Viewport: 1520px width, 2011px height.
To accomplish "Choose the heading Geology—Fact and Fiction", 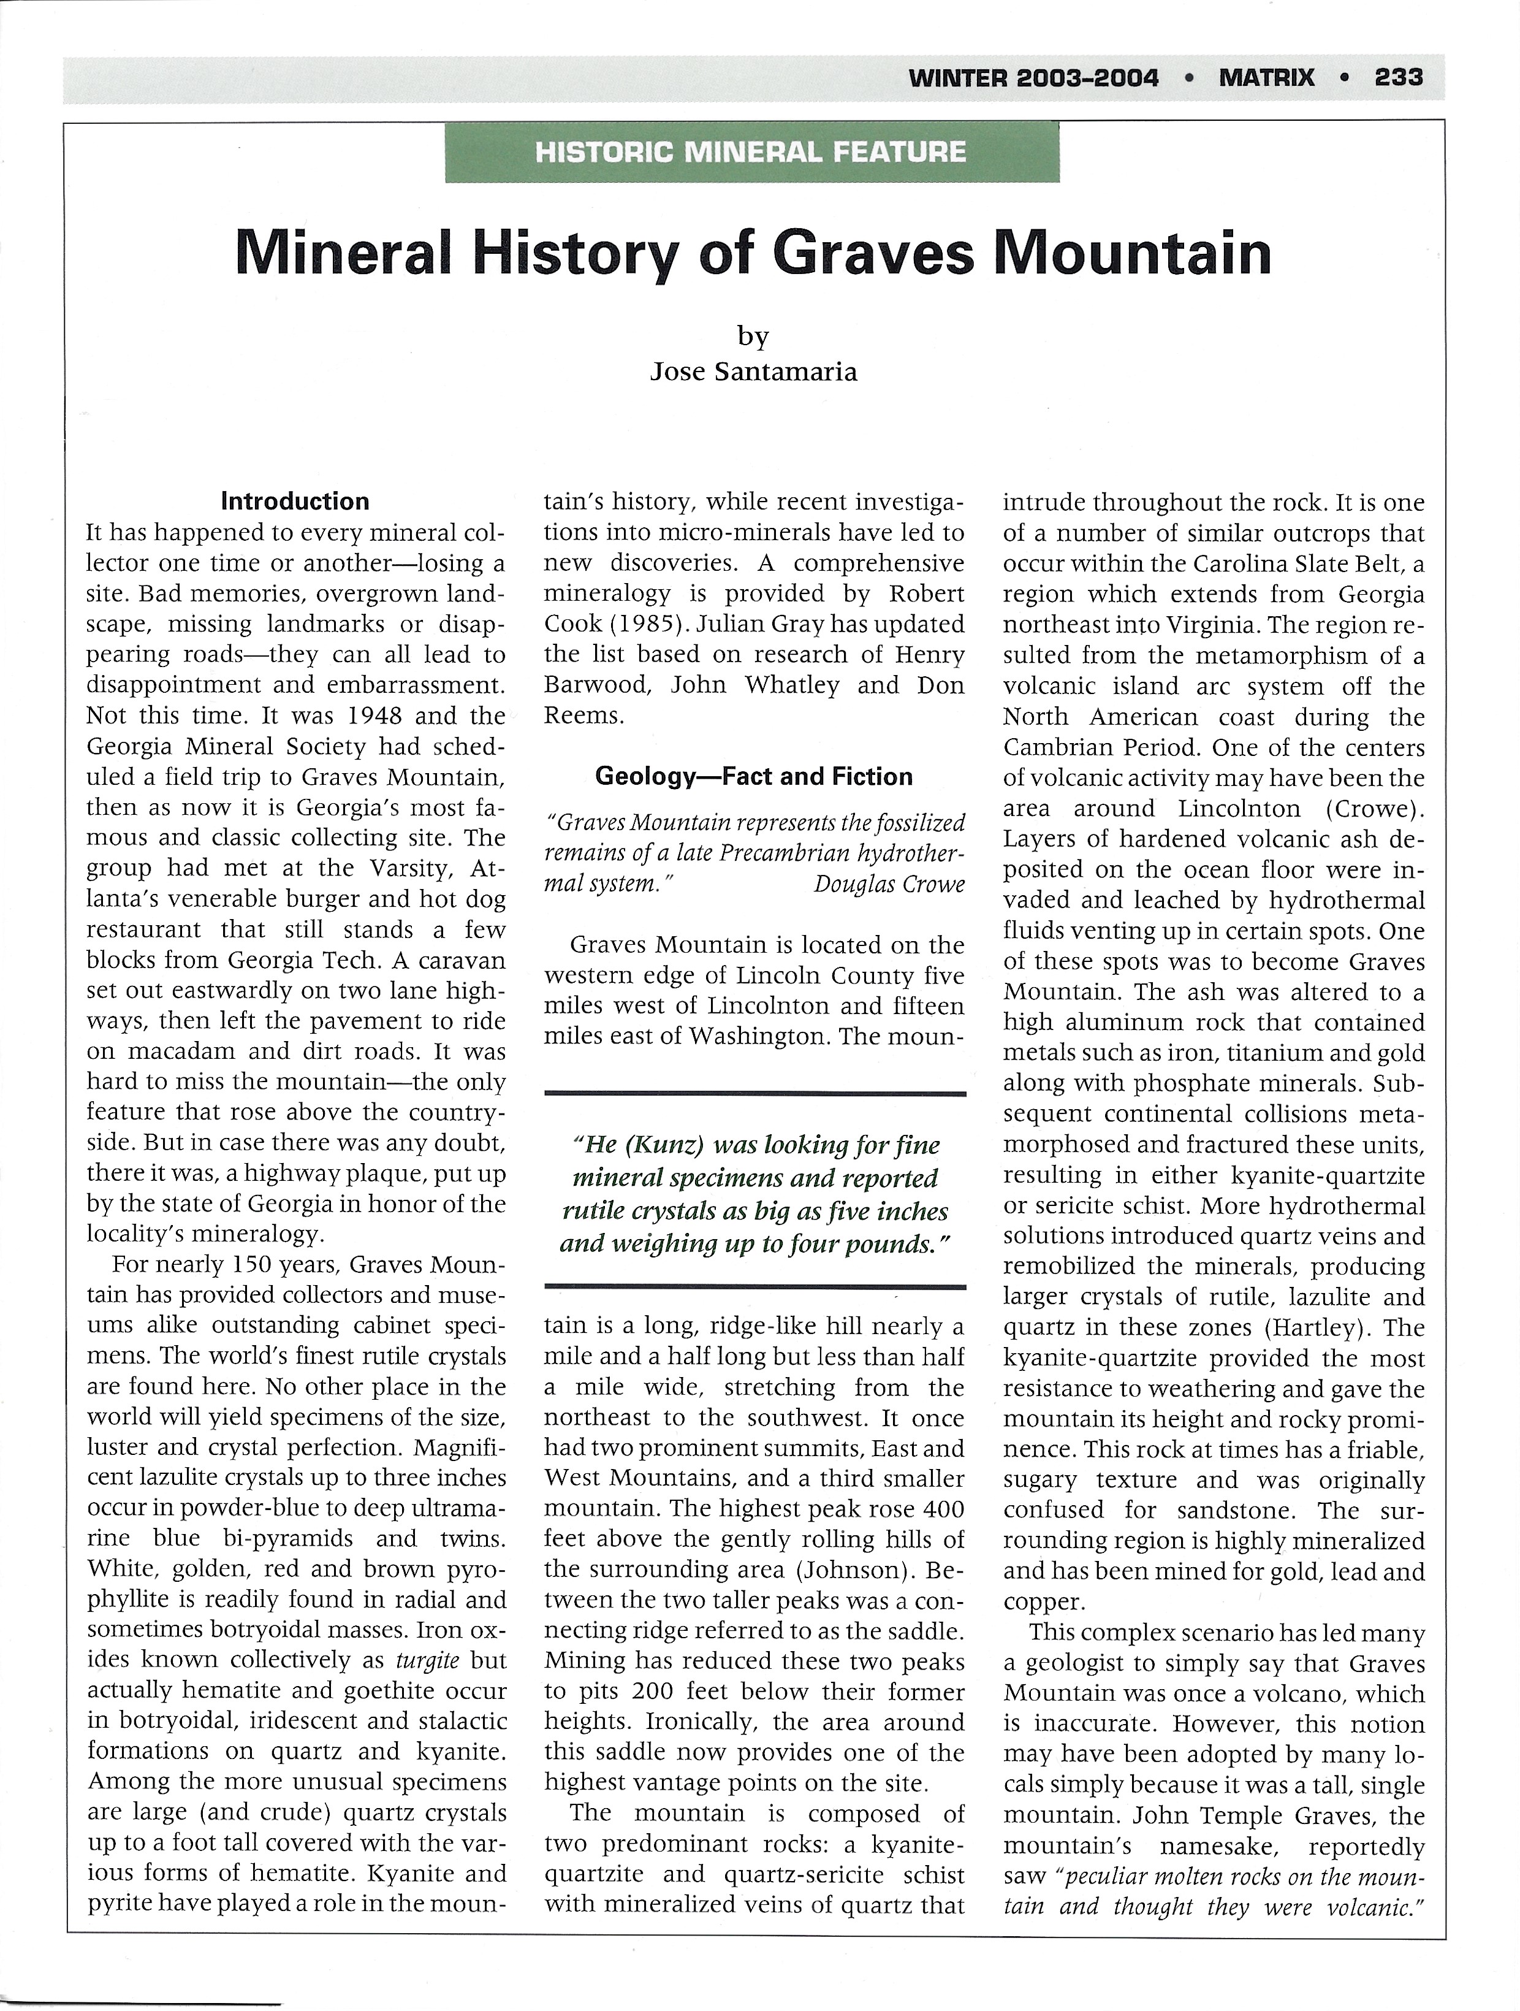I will click(754, 776).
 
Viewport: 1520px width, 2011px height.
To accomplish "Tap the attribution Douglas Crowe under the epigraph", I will click(889, 883).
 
